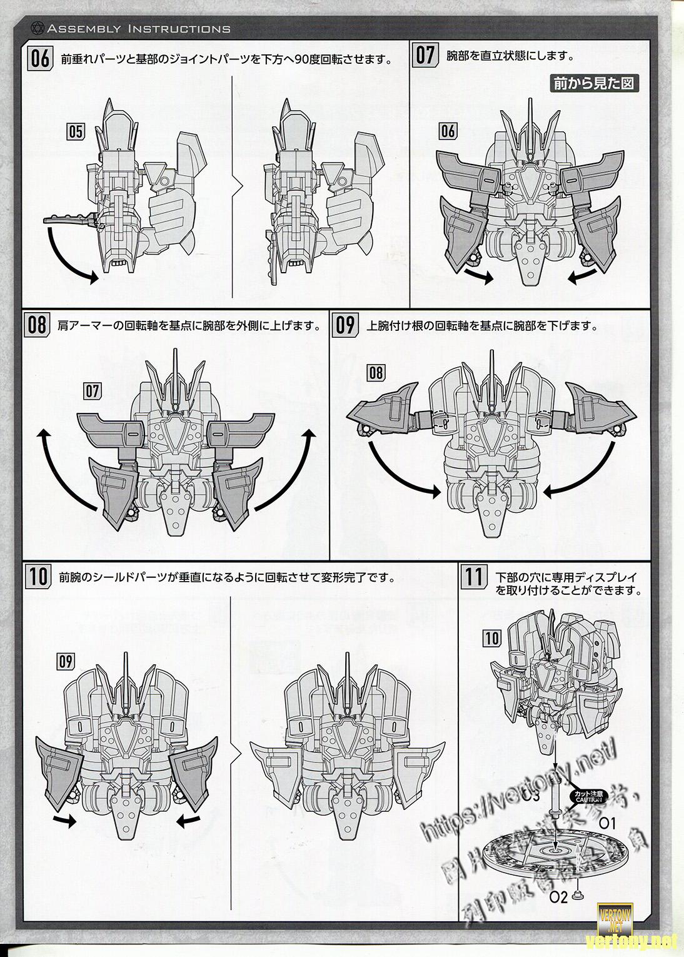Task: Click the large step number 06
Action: [x=39, y=59]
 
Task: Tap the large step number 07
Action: [x=425, y=56]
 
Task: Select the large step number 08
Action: [x=38, y=325]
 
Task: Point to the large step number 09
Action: [x=346, y=325]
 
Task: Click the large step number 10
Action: [x=38, y=575]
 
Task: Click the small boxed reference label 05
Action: [x=76, y=131]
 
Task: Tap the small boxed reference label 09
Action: [x=65, y=661]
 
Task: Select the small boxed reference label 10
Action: [x=492, y=637]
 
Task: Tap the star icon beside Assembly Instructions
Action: [x=36, y=28]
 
